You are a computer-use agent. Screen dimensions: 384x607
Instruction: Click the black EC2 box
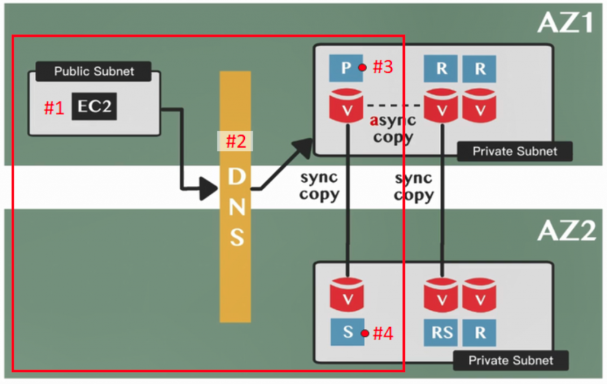(94, 107)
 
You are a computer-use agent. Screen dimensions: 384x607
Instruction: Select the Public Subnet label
(94, 71)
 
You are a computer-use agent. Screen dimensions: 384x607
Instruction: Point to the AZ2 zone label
(566, 230)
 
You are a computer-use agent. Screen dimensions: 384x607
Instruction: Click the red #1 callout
(55, 107)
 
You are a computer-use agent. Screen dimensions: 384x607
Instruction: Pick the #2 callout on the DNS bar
(235, 141)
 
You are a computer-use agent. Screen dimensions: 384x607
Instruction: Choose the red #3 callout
(382, 67)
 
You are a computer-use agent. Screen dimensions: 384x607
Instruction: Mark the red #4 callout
(383, 334)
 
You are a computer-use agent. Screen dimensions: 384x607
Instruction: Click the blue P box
(346, 68)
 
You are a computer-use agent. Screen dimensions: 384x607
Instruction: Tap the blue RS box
(442, 333)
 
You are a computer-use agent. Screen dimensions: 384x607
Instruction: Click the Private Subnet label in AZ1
(515, 151)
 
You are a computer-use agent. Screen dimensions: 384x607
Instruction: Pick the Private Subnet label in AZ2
(510, 360)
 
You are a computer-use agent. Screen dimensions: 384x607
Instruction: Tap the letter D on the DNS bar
(236, 176)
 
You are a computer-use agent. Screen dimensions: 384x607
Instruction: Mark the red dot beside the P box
(362, 68)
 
